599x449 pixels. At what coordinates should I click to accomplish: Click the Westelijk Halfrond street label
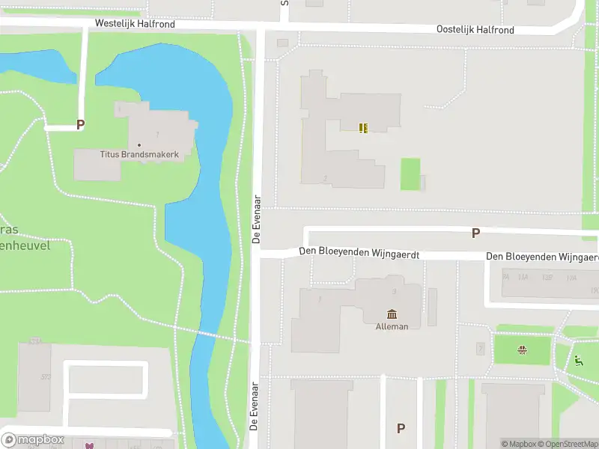(135, 24)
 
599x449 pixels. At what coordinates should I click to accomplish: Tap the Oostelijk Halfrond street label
(475, 29)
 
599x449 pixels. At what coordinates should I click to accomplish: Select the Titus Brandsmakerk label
(139, 154)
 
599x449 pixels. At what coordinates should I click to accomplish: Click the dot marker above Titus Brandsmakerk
(139, 144)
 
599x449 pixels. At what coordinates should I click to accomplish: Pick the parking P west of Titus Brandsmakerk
(80, 126)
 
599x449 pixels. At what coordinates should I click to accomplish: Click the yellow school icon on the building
(363, 128)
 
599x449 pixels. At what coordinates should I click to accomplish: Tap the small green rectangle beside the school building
(410, 174)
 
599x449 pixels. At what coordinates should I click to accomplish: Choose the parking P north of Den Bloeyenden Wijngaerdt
(475, 233)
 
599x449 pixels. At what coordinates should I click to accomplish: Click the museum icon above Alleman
(392, 314)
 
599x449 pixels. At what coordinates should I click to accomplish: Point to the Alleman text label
(392, 326)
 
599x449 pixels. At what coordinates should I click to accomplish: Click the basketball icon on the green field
(523, 349)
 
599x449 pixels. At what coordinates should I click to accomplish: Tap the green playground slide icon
(578, 360)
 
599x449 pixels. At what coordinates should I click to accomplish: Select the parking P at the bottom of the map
(401, 428)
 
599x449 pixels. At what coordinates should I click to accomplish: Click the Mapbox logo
(33, 440)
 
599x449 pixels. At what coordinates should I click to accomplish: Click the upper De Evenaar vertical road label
(256, 219)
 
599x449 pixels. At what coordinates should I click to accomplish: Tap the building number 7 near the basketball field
(480, 348)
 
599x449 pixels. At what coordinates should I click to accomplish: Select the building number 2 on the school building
(324, 178)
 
